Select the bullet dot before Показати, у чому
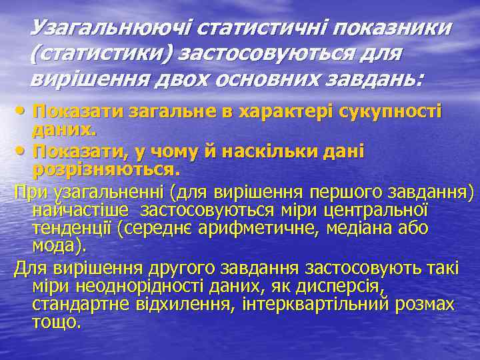[23, 153]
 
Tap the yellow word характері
[296, 111]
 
